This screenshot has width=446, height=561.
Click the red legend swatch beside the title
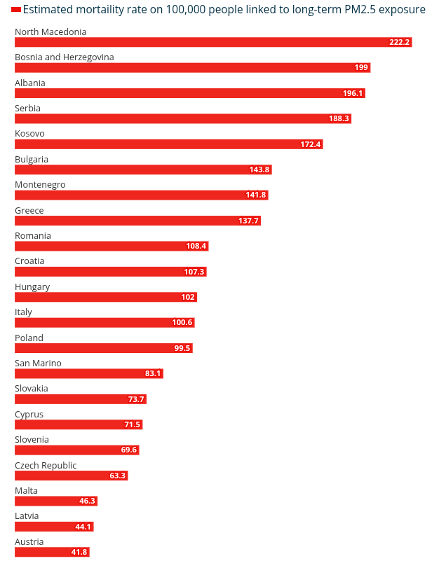click(x=16, y=10)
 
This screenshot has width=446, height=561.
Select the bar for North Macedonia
click(x=213, y=42)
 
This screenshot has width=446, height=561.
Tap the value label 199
click(x=361, y=68)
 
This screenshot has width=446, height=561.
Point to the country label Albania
click(x=30, y=83)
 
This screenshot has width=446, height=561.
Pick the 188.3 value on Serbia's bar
click(x=339, y=118)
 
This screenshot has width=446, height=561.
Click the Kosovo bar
click(x=169, y=144)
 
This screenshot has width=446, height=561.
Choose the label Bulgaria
click(x=32, y=160)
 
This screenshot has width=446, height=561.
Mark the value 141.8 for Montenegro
click(x=256, y=195)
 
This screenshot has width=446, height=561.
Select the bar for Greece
click(x=137, y=221)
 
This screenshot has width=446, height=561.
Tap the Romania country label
click(x=33, y=236)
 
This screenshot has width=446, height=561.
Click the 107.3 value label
click(x=194, y=272)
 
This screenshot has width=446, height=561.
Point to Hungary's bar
click(x=106, y=297)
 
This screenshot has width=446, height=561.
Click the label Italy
click(x=23, y=312)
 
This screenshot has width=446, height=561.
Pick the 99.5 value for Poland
click(x=182, y=348)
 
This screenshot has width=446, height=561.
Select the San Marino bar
click(x=89, y=373)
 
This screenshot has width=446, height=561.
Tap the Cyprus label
click(x=29, y=415)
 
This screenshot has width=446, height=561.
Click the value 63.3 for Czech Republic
click(x=118, y=476)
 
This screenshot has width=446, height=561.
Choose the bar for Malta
click(x=56, y=501)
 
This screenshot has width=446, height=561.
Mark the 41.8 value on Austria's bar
click(x=79, y=552)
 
